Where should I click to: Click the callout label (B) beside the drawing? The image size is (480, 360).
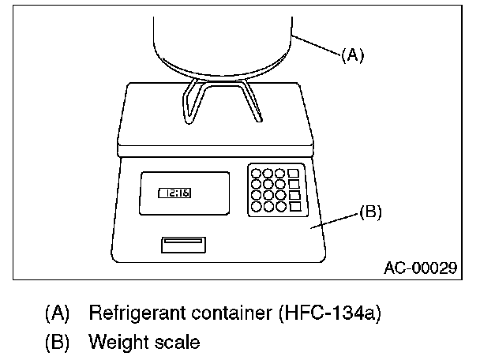[371, 212]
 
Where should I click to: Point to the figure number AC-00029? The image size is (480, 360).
[421, 268]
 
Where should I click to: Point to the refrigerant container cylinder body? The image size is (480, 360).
[224, 39]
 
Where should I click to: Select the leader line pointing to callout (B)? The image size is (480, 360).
[336, 219]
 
